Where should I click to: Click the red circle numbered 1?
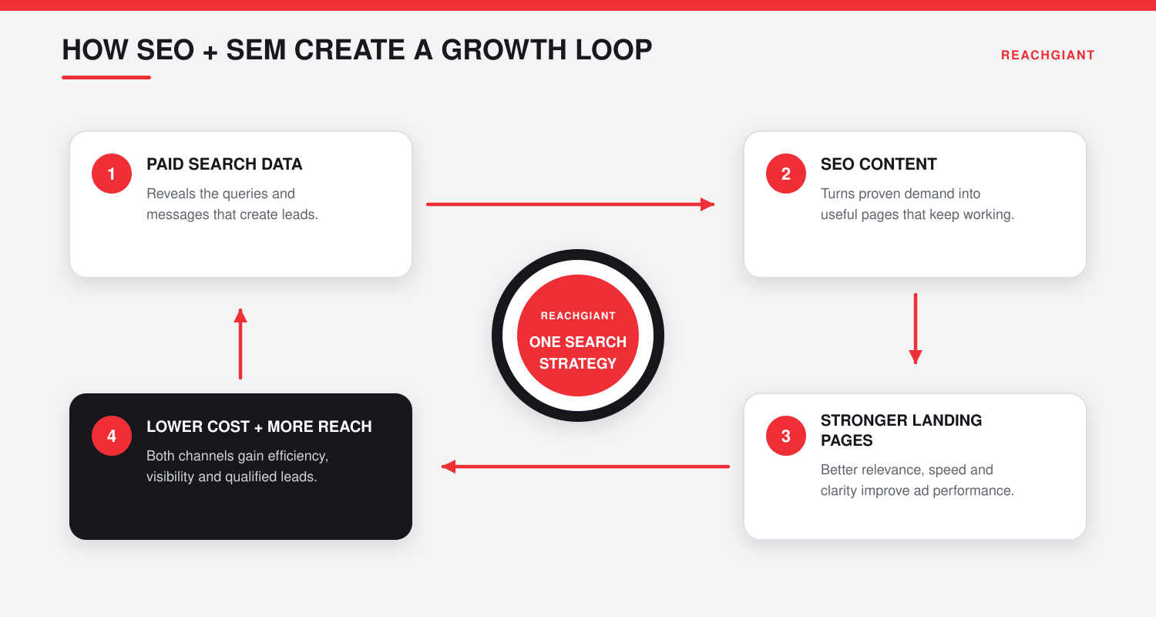tap(112, 174)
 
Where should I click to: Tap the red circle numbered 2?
tap(786, 174)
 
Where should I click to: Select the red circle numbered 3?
tap(786, 436)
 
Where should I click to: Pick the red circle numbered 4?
tap(112, 436)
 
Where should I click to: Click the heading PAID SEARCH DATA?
tap(224, 164)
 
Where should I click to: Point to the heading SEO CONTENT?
tap(879, 164)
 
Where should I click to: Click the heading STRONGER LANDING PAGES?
tap(901, 430)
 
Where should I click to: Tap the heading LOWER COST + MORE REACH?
tap(259, 427)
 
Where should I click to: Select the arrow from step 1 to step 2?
tap(570, 204)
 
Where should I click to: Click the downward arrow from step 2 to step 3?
tap(916, 329)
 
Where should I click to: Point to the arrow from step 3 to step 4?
tap(586, 467)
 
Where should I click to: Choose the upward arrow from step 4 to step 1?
tap(240, 344)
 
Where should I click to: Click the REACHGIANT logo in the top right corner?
tap(1047, 56)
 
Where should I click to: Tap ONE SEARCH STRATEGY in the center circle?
tap(578, 352)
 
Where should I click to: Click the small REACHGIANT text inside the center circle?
tap(578, 316)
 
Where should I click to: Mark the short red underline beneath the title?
tap(106, 77)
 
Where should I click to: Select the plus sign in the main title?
tap(210, 52)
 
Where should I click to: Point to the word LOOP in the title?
tap(613, 50)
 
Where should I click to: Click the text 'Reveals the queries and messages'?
tap(221, 204)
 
